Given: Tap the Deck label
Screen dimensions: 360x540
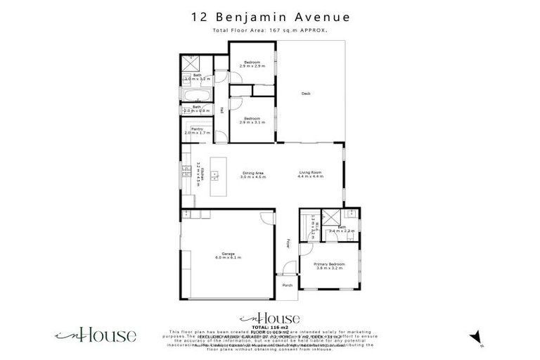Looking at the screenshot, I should (306, 94).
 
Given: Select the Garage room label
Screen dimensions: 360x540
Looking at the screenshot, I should (227, 253).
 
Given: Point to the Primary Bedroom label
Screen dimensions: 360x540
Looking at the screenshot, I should (329, 264).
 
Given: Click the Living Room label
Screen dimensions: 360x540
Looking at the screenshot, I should (310, 172).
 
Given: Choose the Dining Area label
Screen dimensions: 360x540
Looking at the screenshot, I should (252, 172).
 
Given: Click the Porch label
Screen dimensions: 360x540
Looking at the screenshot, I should (287, 285).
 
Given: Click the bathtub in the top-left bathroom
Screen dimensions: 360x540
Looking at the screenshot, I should (196, 94).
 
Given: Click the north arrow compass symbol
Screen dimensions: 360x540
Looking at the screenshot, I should (476, 337).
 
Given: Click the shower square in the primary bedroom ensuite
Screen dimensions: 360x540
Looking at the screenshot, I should (330, 217).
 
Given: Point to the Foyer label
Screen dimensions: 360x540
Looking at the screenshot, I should (288, 244).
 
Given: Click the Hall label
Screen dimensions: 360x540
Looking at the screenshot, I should (222, 110).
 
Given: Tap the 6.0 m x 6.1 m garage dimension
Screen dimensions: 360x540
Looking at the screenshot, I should (227, 258).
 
